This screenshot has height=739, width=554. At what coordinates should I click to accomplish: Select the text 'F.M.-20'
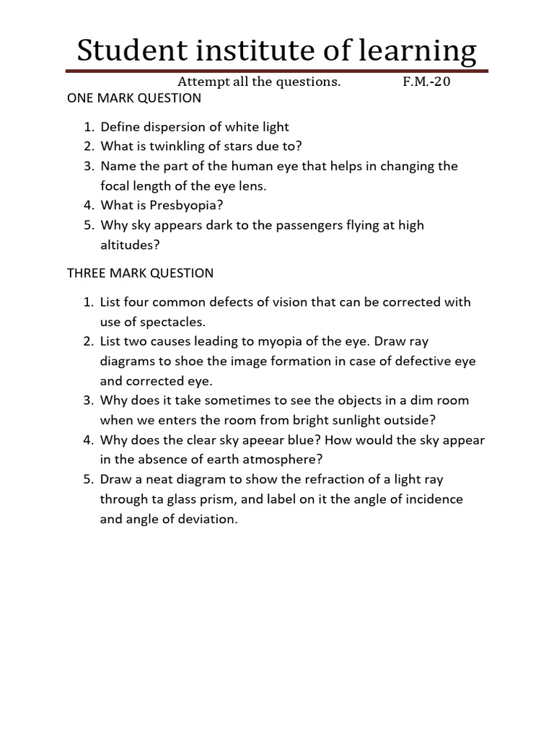coord(426,82)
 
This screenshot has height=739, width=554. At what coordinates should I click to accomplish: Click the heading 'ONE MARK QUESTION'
coord(134,97)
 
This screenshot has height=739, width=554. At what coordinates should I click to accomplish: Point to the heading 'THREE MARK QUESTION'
coord(141,273)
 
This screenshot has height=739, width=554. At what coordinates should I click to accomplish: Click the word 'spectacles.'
coord(165,321)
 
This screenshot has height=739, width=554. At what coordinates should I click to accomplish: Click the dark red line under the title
coord(277,71)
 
